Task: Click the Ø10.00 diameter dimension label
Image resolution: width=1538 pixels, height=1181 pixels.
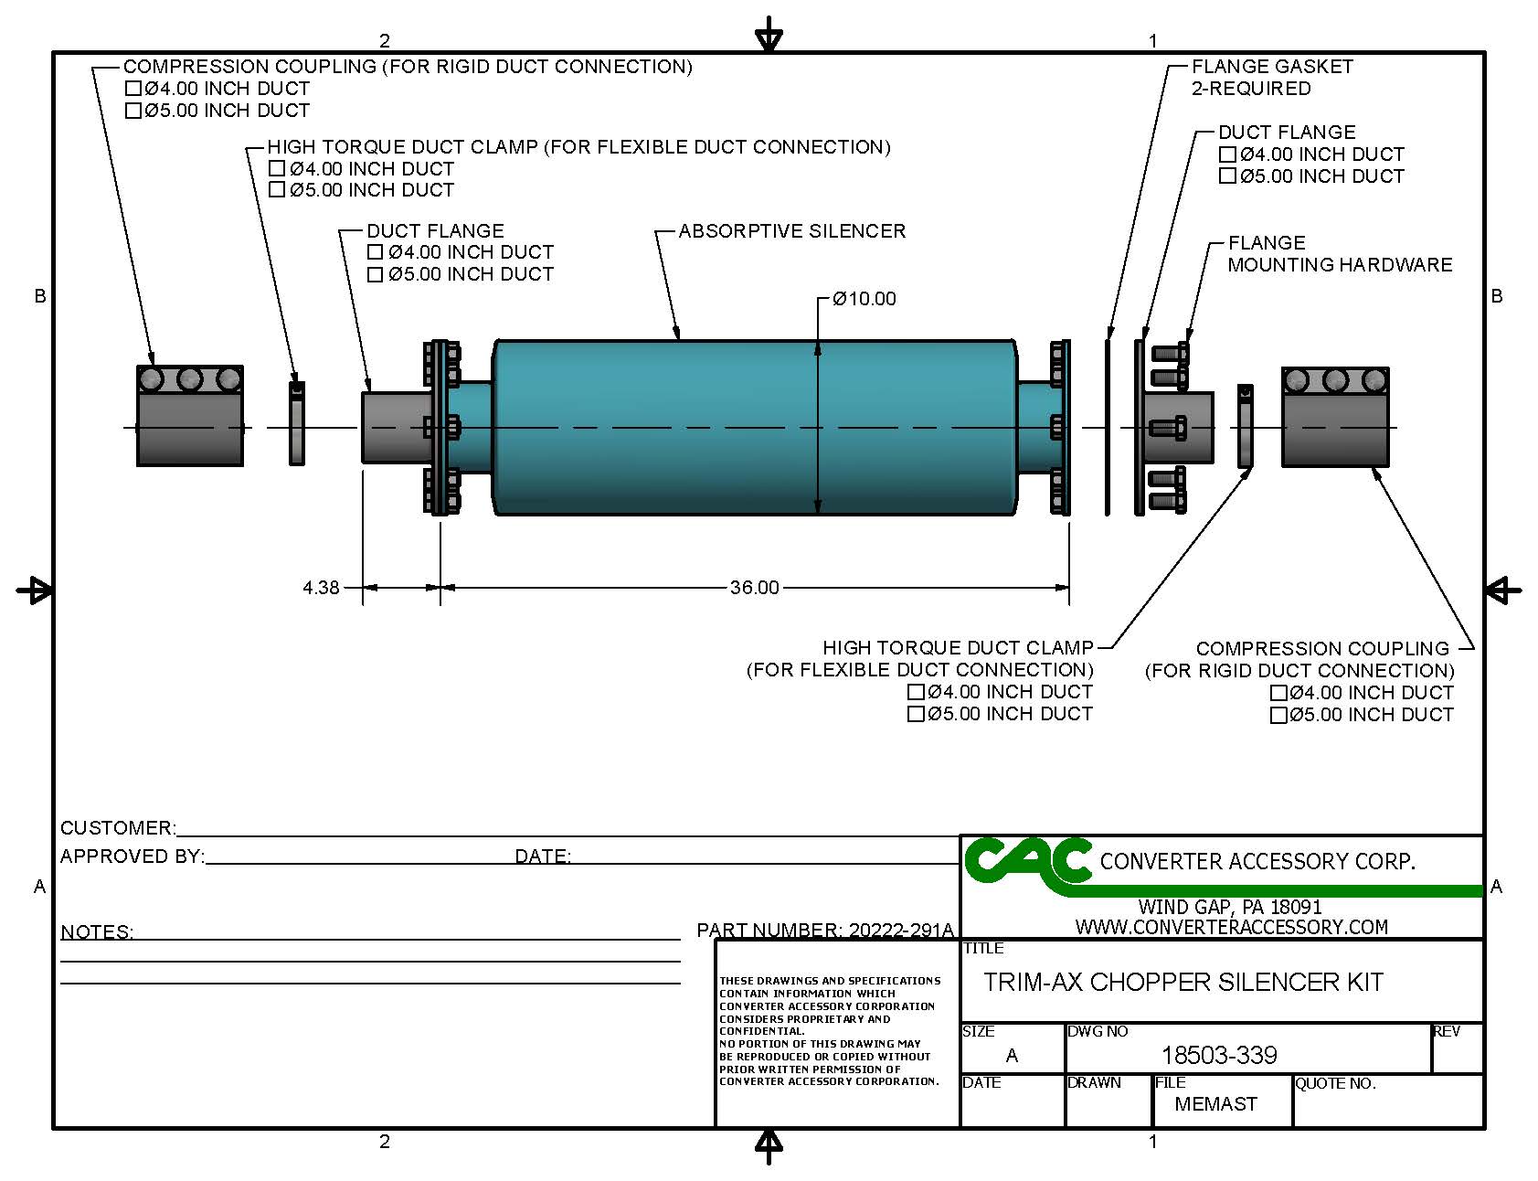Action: point(864,299)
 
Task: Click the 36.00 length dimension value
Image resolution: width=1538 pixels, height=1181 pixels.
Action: point(754,588)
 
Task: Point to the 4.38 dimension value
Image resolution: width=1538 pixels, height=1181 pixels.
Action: point(321,588)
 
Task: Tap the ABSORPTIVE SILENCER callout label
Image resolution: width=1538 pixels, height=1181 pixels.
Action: point(791,231)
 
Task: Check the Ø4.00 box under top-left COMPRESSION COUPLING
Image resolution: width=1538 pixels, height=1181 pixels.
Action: point(133,89)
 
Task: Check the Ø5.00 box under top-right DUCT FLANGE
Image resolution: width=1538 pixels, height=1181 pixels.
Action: point(1227,176)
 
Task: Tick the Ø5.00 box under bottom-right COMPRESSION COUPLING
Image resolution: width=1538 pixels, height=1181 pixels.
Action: point(1278,715)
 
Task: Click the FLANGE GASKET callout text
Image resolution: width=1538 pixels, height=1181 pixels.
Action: point(1271,67)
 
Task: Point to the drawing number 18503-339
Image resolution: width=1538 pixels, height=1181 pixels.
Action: point(1218,1056)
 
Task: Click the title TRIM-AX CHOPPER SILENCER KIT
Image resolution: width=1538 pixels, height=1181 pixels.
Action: point(1183,983)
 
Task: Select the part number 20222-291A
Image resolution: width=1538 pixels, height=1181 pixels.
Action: point(900,931)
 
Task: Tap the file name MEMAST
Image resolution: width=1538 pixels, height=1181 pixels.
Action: point(1215,1104)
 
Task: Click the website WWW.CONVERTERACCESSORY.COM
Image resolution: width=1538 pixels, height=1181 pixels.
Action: point(1231,927)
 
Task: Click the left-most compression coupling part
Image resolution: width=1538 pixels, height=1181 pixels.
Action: point(190,417)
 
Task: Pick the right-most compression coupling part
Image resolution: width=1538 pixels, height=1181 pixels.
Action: point(1335,418)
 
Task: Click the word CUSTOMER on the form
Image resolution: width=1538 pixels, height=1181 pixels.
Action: point(116,828)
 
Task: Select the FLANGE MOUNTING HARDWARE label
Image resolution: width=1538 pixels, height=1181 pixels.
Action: point(1339,254)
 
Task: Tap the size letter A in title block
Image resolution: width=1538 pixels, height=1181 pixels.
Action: point(1012,1056)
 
